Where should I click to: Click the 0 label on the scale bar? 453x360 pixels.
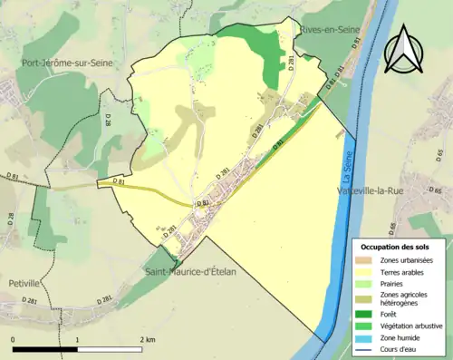click(14, 339)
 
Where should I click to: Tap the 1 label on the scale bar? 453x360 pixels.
click(78, 339)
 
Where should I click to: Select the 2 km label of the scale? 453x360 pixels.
click(147, 339)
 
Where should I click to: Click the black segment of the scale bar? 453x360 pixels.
click(45, 349)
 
